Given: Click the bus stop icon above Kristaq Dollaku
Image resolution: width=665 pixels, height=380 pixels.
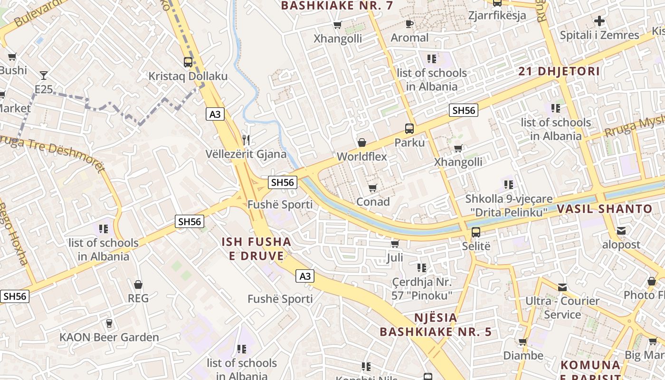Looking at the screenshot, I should pyautogui.click(x=188, y=62).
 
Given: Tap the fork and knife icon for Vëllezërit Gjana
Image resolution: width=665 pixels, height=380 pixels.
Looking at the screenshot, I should pyautogui.click(x=246, y=140).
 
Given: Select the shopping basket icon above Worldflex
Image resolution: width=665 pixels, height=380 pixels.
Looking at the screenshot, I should pyautogui.click(x=362, y=142).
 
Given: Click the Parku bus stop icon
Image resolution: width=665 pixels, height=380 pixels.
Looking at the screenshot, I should pyautogui.click(x=409, y=128).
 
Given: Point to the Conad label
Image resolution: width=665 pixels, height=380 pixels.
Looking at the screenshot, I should pyautogui.click(x=373, y=201).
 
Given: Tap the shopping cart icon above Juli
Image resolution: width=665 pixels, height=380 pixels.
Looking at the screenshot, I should pyautogui.click(x=394, y=244).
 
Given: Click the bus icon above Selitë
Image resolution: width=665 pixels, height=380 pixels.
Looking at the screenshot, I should pyautogui.click(x=475, y=232).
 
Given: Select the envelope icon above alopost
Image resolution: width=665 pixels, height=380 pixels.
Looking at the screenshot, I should pyautogui.click(x=621, y=231).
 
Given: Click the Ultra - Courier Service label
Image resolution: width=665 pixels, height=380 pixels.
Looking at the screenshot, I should pyautogui.click(x=562, y=307).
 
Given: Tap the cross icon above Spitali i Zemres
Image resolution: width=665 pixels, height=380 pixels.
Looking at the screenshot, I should pyautogui.click(x=599, y=21).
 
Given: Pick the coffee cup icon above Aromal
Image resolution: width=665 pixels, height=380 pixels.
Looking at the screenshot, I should pyautogui.click(x=409, y=24).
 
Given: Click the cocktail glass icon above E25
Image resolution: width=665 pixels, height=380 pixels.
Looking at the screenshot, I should pyautogui.click(x=44, y=75).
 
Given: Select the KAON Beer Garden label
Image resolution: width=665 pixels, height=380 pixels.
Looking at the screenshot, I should pyautogui.click(x=109, y=337).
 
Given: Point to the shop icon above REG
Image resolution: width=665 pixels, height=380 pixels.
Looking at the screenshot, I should pyautogui.click(x=138, y=285).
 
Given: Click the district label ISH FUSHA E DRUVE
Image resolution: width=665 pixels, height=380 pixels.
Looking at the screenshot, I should pyautogui.click(x=256, y=249).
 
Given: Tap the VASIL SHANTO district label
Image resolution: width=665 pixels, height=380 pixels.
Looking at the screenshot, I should pyautogui.click(x=604, y=209).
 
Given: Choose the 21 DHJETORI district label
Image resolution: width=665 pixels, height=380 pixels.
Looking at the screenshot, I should pyautogui.click(x=559, y=71).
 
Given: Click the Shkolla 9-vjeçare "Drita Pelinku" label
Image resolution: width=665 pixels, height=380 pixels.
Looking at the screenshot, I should pyautogui.click(x=509, y=205).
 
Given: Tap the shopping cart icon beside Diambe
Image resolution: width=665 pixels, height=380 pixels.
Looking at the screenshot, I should pyautogui.click(x=522, y=342).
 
